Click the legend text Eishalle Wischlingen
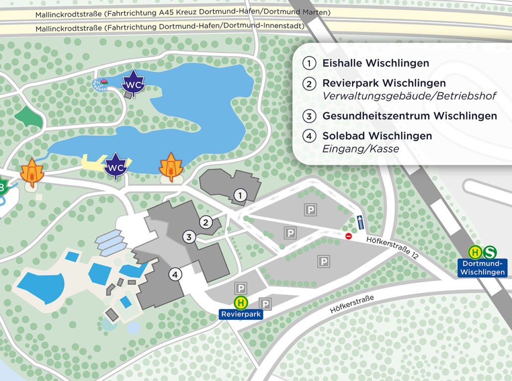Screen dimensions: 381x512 [x=375, y=63]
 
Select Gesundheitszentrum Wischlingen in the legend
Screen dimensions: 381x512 [x=410, y=116]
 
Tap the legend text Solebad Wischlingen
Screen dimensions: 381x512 [x=377, y=136]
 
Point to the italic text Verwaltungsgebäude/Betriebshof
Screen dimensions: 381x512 [x=409, y=96]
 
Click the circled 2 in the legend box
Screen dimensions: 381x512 [x=309, y=84]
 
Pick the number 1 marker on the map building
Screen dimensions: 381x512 [x=240, y=195]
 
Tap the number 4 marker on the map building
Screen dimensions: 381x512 [x=175, y=274]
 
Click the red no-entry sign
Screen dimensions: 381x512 [x=348, y=236]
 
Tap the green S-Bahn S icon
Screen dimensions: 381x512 [x=490, y=252]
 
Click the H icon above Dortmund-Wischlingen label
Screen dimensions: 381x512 [x=475, y=252]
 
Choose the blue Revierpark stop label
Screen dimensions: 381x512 [x=241, y=314]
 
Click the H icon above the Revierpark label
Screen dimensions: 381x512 [x=241, y=302]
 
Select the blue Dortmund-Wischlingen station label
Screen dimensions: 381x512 [x=482, y=268]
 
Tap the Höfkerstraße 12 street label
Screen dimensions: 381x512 [x=392, y=247]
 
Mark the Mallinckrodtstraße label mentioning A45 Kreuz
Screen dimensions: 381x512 [x=182, y=13]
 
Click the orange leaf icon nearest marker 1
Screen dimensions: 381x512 [x=171, y=167]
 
